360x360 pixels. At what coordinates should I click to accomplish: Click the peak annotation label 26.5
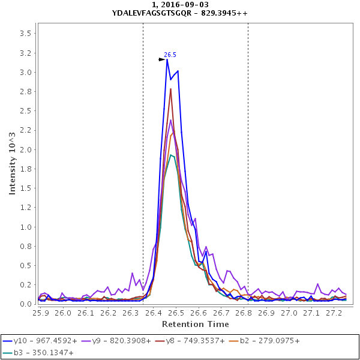[170, 55]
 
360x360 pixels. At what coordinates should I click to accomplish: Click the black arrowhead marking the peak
[162, 59]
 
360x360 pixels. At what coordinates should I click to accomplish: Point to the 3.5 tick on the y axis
[25, 34]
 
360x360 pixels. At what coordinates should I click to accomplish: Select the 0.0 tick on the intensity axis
[25, 304]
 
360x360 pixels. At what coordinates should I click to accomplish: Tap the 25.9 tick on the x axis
[40, 313]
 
